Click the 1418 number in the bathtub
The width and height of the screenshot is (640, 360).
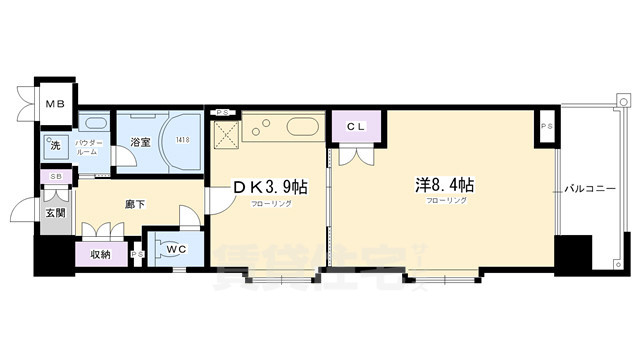[182, 140]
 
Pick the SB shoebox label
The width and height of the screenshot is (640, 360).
[53, 178]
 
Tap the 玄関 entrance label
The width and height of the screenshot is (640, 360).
[54, 213]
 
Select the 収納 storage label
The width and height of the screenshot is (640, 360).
[100, 254]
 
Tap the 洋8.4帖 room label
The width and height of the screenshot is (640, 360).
[445, 185]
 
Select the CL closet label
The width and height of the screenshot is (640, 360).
[356, 127]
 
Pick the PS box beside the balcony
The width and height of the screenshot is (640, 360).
[547, 126]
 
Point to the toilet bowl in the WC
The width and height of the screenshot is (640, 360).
[170, 252]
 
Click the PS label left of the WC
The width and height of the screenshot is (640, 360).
[137, 254]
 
